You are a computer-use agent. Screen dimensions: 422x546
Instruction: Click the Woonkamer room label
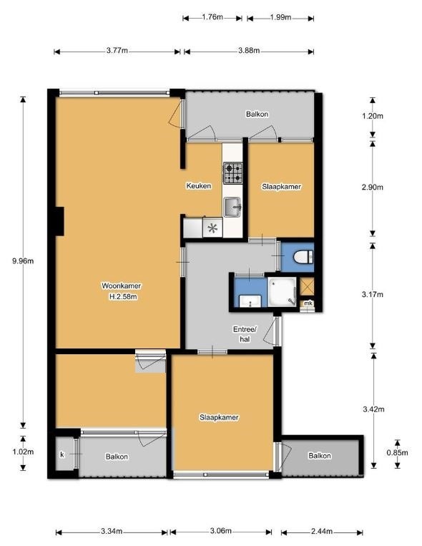[121, 286]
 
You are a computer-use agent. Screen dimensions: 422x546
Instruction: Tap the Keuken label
[198, 185]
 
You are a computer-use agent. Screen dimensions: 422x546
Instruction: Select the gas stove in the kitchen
[232, 173]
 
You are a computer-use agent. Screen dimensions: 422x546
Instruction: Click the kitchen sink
[232, 207]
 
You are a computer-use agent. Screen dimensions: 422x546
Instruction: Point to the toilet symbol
[303, 258]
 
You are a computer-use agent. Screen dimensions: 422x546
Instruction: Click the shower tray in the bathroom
[282, 292]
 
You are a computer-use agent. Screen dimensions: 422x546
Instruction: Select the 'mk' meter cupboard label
[308, 303]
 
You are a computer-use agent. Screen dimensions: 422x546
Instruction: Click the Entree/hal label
[245, 334]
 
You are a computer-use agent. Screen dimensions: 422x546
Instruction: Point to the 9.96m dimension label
[23, 260]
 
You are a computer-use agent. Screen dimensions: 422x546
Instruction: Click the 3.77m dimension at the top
[117, 51]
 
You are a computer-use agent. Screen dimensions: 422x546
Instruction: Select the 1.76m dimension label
[212, 16]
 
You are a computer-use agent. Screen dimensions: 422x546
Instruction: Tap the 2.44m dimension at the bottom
[322, 532]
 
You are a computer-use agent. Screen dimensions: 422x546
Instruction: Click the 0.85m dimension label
[397, 453]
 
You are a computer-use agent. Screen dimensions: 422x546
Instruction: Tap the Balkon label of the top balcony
[257, 114]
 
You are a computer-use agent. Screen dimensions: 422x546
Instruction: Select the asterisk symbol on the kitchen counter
[212, 228]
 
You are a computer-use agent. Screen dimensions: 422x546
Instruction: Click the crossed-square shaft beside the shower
[307, 286]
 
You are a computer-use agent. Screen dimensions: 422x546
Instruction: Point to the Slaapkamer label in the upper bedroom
[281, 186]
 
